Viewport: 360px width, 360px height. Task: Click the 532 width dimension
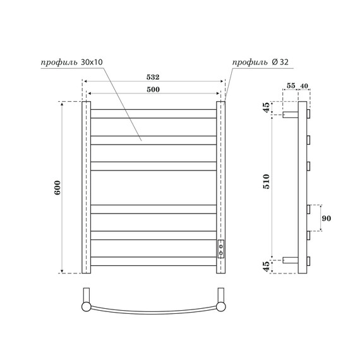[152, 77]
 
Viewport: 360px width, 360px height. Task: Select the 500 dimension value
[152, 90]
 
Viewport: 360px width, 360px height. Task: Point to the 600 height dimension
[57, 188]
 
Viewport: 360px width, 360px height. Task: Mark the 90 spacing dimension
[327, 219]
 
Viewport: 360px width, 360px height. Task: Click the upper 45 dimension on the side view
[266, 107]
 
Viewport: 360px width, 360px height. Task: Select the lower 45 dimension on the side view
[266, 266]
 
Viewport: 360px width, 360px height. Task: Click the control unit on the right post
[220, 249]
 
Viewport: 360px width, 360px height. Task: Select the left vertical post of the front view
[87, 188]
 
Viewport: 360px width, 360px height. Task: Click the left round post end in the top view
[87, 306]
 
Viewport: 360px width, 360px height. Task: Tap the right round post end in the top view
[221, 306]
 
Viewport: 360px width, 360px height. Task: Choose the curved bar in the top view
[153, 314]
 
